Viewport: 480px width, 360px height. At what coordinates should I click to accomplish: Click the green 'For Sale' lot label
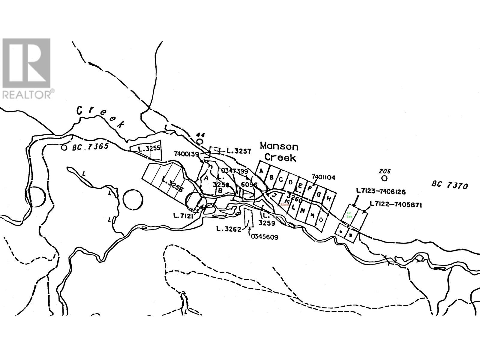(349, 215)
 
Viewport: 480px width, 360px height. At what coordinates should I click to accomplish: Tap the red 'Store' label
(284, 205)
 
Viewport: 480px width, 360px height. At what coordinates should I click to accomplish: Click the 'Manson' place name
(279, 147)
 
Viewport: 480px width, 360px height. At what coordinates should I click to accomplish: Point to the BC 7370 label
(450, 186)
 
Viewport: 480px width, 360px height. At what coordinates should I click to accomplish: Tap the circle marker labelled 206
(384, 178)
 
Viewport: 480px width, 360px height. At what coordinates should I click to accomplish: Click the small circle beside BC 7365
(64, 148)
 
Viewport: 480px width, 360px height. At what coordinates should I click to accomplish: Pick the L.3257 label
(239, 151)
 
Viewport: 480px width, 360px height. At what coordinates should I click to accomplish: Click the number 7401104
(323, 177)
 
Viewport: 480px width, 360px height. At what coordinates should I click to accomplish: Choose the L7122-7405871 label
(396, 205)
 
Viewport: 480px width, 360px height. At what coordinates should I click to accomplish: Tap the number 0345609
(263, 237)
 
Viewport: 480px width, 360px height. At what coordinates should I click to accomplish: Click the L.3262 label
(229, 229)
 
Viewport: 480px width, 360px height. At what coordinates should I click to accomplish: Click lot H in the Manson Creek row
(328, 199)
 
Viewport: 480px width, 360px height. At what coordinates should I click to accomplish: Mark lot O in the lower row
(321, 220)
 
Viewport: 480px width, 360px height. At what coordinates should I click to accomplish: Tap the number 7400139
(186, 154)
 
